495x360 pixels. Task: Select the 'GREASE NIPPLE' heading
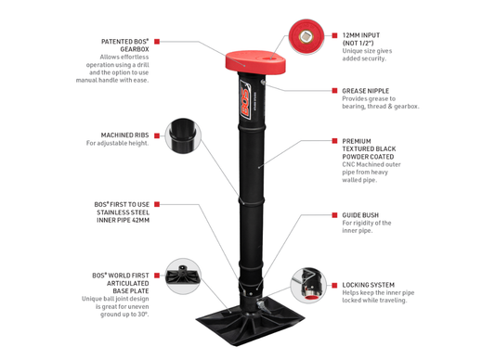(364, 91)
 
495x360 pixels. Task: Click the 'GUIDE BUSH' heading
(358, 214)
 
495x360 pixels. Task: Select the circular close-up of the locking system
(307, 284)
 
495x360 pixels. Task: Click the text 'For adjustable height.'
(118, 144)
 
